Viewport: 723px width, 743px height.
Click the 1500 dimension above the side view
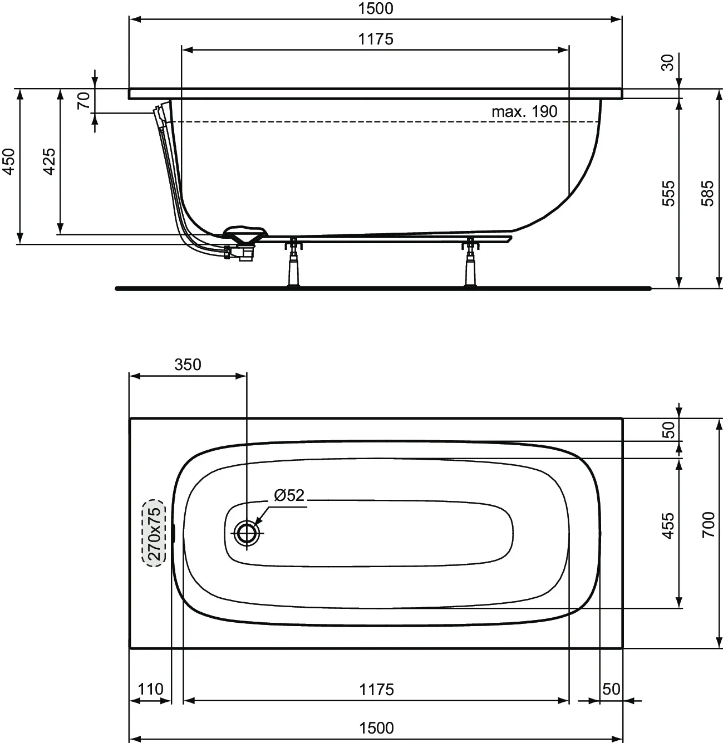coord(376,8)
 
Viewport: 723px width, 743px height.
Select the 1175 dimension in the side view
coord(376,39)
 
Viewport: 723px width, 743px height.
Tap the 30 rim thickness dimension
coord(668,62)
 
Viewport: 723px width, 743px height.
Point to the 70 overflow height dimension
coord(83,100)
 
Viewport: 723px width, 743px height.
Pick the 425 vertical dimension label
coord(49,161)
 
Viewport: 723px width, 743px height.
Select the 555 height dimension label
coord(668,193)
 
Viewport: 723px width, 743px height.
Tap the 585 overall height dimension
coord(707,193)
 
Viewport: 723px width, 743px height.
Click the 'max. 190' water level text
coord(524,111)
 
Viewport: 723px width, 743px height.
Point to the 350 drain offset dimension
coord(188,365)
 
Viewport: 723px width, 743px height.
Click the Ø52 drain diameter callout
coord(289,495)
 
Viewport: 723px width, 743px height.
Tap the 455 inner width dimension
coord(668,525)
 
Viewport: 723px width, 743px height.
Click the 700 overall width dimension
coord(707,524)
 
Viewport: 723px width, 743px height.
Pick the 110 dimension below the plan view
coord(150,689)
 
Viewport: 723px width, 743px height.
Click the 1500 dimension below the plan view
coord(376,727)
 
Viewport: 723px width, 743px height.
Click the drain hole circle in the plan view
coord(245,533)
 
